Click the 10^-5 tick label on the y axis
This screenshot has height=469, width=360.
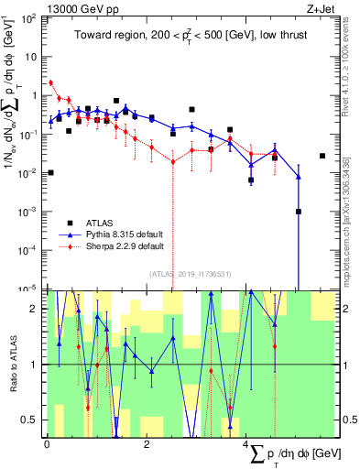point(29,289)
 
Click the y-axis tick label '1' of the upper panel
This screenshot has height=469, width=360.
point(36,95)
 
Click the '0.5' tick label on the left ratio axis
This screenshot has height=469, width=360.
point(32,420)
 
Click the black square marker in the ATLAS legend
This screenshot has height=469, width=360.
point(69,223)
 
